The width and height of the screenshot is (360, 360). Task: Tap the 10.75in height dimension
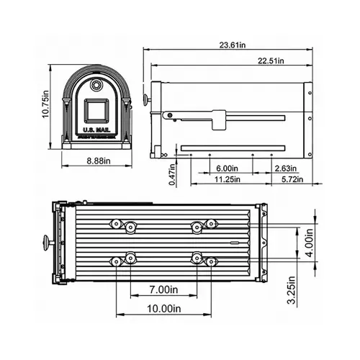tap(45, 104)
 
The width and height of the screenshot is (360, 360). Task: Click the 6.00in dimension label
tap(228, 168)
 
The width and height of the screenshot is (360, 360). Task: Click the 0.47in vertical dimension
tap(173, 177)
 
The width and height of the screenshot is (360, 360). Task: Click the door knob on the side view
tap(146, 99)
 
